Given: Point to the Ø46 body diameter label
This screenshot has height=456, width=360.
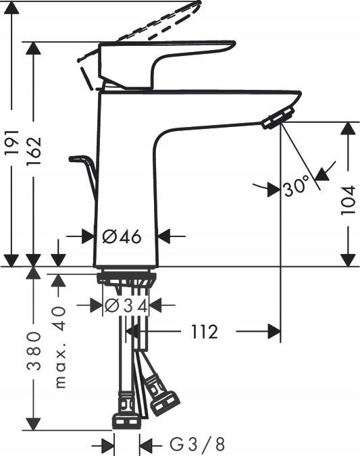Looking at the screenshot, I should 122,236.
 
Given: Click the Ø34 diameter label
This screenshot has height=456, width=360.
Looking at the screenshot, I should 126,305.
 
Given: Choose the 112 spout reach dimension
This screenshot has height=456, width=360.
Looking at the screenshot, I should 204,332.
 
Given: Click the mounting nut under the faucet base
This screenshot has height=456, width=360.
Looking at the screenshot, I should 126,278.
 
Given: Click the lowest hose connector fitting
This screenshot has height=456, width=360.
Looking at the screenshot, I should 126,413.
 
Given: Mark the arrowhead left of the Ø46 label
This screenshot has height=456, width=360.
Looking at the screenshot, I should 87,236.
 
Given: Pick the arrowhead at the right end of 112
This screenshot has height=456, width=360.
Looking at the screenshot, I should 273,332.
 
